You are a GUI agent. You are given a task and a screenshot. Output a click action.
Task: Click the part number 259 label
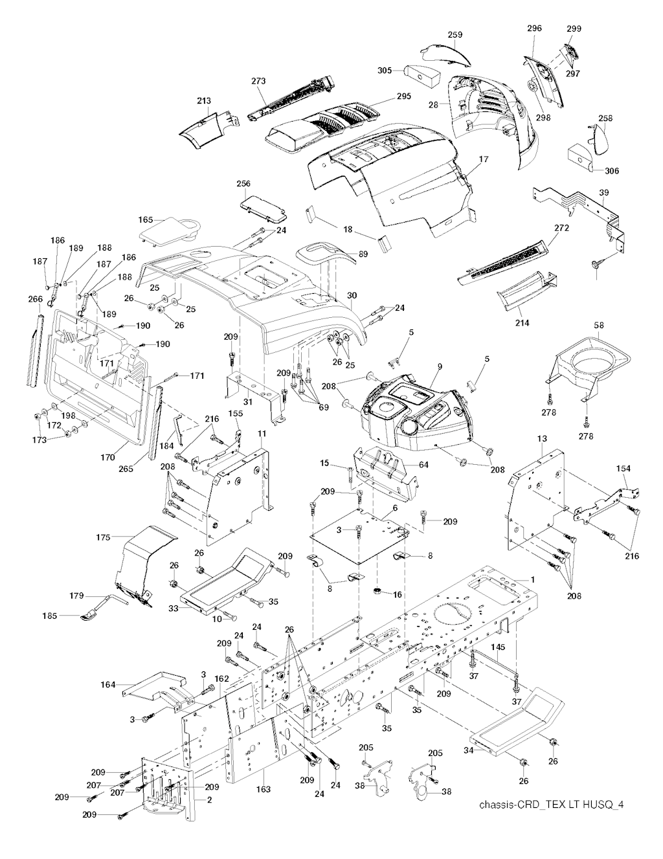(x=456, y=34)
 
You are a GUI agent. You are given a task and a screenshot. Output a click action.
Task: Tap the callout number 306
(x=611, y=171)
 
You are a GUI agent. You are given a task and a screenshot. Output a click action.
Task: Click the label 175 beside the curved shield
(x=103, y=537)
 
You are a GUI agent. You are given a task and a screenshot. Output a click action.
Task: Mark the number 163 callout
(x=263, y=790)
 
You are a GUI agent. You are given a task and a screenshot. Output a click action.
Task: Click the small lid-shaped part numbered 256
(x=256, y=205)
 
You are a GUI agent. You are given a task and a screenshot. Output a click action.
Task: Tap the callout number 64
(x=423, y=464)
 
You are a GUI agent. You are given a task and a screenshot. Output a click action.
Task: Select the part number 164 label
(x=108, y=684)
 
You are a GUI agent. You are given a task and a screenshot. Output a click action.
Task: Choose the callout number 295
(x=404, y=96)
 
